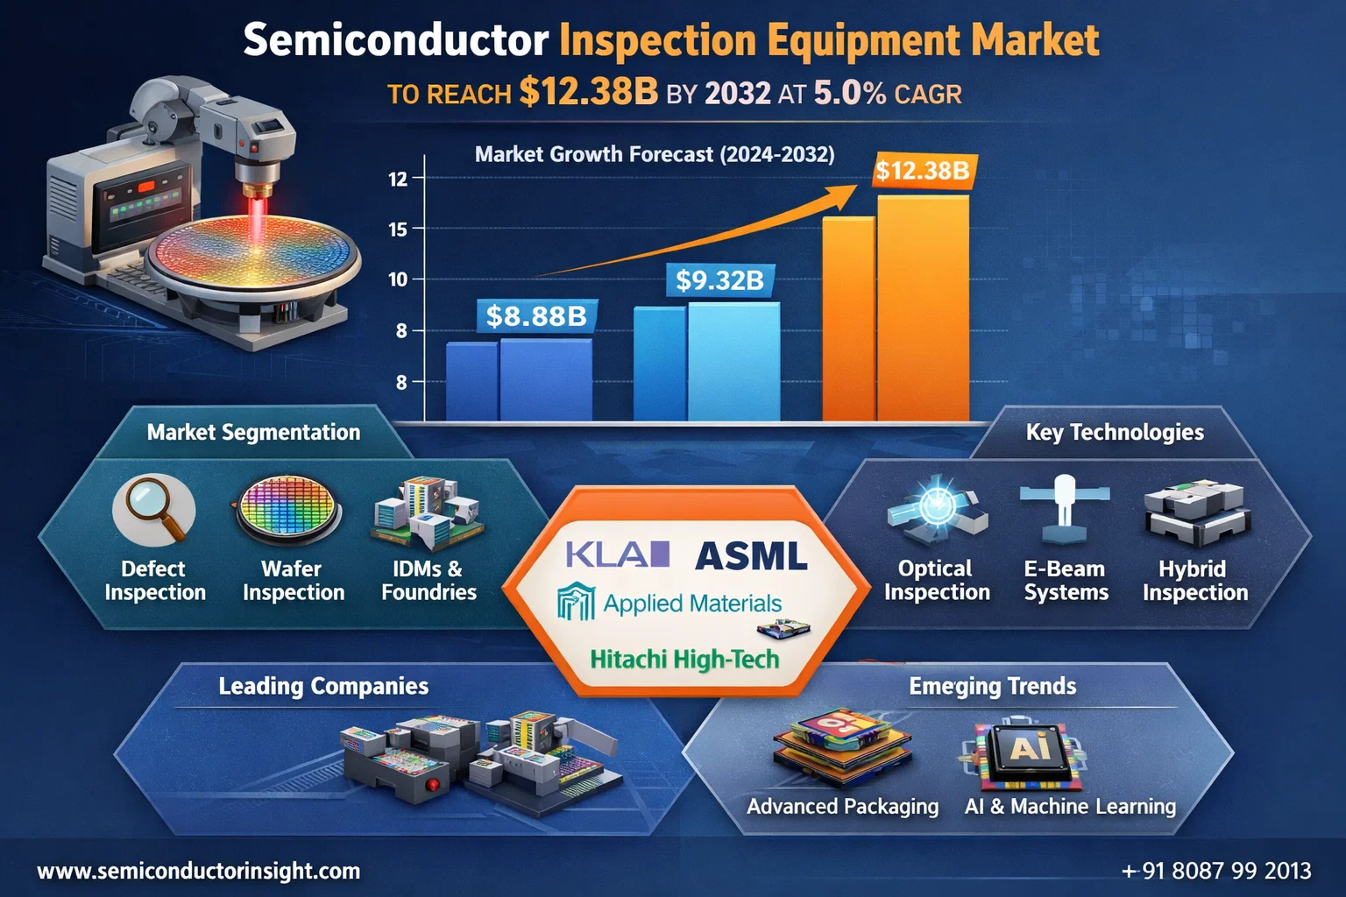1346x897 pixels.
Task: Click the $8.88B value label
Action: click(x=536, y=316)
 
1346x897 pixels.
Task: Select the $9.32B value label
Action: click(x=719, y=280)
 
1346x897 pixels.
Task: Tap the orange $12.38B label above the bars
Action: click(x=923, y=171)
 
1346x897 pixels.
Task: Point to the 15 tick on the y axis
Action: click(x=398, y=230)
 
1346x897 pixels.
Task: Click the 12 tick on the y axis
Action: click(x=398, y=179)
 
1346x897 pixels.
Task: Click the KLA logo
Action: click(x=618, y=554)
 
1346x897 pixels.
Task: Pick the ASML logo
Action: click(x=750, y=555)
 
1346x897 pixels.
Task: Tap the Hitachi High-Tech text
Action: click(x=684, y=659)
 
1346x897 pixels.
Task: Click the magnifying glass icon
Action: click(x=153, y=510)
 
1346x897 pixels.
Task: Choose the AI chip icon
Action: click(x=1028, y=754)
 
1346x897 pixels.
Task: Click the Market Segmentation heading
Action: click(x=253, y=432)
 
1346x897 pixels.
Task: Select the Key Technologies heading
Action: click(x=1115, y=432)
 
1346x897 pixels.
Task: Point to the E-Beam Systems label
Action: click(x=1066, y=581)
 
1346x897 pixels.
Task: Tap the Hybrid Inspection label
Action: click(x=1195, y=581)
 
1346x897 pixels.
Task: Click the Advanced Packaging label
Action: click(x=842, y=806)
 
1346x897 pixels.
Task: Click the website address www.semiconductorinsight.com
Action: click(x=199, y=872)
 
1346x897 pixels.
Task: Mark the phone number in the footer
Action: click(x=1217, y=871)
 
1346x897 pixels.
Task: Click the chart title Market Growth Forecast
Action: click(x=655, y=154)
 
